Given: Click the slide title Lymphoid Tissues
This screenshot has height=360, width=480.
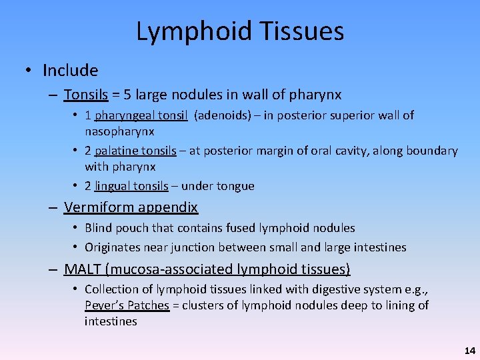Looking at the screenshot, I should (x=240, y=31).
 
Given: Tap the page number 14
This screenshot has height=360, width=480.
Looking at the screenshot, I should (x=470, y=350).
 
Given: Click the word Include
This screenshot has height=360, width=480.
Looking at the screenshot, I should (x=70, y=71).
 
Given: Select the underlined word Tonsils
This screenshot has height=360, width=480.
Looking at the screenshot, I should (x=86, y=95).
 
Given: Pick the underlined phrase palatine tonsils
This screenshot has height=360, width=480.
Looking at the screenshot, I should (x=135, y=151).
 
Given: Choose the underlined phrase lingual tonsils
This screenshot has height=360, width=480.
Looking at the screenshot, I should (x=131, y=186).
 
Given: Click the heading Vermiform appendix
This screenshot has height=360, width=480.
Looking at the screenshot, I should (x=131, y=207).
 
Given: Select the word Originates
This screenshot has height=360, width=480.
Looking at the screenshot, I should (x=112, y=247).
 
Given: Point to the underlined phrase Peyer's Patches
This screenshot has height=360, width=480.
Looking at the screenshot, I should (x=127, y=305).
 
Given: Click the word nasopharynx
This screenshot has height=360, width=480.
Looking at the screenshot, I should (x=119, y=131).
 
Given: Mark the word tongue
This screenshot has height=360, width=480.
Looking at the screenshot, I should (x=235, y=186).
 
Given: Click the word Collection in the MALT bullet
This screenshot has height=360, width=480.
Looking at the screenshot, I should (x=112, y=289).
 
